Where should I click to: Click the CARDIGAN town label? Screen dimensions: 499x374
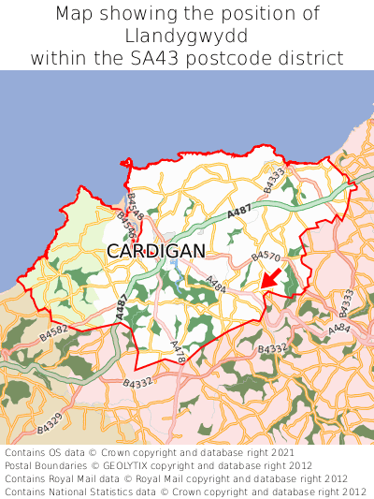click(155, 251)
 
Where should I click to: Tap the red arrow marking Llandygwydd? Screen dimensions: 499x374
click(271, 278)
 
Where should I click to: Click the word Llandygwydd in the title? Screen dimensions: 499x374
click(187, 36)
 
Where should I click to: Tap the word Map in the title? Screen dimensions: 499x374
click(75, 14)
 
